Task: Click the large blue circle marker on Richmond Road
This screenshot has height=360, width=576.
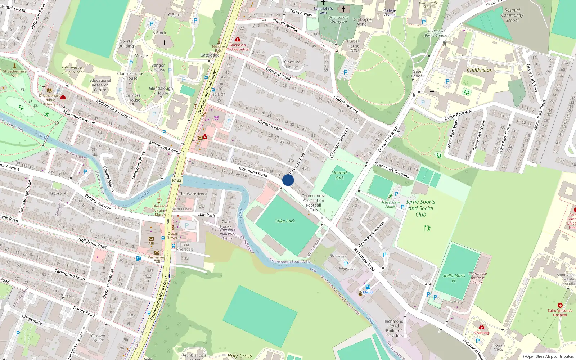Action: click(x=288, y=180)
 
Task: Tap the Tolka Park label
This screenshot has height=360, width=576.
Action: click(x=285, y=221)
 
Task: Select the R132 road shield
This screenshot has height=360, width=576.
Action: click(x=177, y=180)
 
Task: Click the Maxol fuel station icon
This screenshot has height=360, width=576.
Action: click(x=368, y=287)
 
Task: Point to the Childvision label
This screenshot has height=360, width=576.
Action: click(x=480, y=70)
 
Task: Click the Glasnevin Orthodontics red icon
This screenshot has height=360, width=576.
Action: click(x=237, y=39)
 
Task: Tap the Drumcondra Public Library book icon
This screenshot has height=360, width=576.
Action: click(x=50, y=90)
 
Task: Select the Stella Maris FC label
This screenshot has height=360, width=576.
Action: click(x=454, y=278)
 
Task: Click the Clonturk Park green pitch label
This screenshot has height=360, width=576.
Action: click(x=339, y=175)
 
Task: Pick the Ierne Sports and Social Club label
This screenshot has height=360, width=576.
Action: click(x=420, y=208)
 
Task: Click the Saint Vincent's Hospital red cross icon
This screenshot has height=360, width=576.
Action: click(x=560, y=305)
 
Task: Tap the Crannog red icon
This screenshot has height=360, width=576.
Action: click(x=481, y=327)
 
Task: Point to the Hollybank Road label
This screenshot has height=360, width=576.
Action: click(x=92, y=243)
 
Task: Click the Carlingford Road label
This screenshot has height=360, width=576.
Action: click(x=69, y=275)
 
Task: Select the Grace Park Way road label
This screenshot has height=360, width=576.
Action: click(x=458, y=114)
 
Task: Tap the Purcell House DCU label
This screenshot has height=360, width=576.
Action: click(x=354, y=46)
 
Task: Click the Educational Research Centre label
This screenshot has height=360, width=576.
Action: click(x=100, y=85)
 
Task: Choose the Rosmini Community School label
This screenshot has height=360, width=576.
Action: click(x=512, y=15)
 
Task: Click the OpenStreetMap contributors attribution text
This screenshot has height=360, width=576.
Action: click(x=548, y=356)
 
